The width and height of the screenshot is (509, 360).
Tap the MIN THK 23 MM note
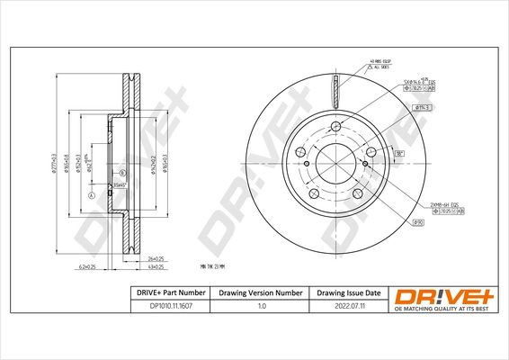coord(211,266)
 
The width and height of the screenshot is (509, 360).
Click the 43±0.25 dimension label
coord(156,267)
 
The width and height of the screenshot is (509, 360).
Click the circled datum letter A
coord(90,195)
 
